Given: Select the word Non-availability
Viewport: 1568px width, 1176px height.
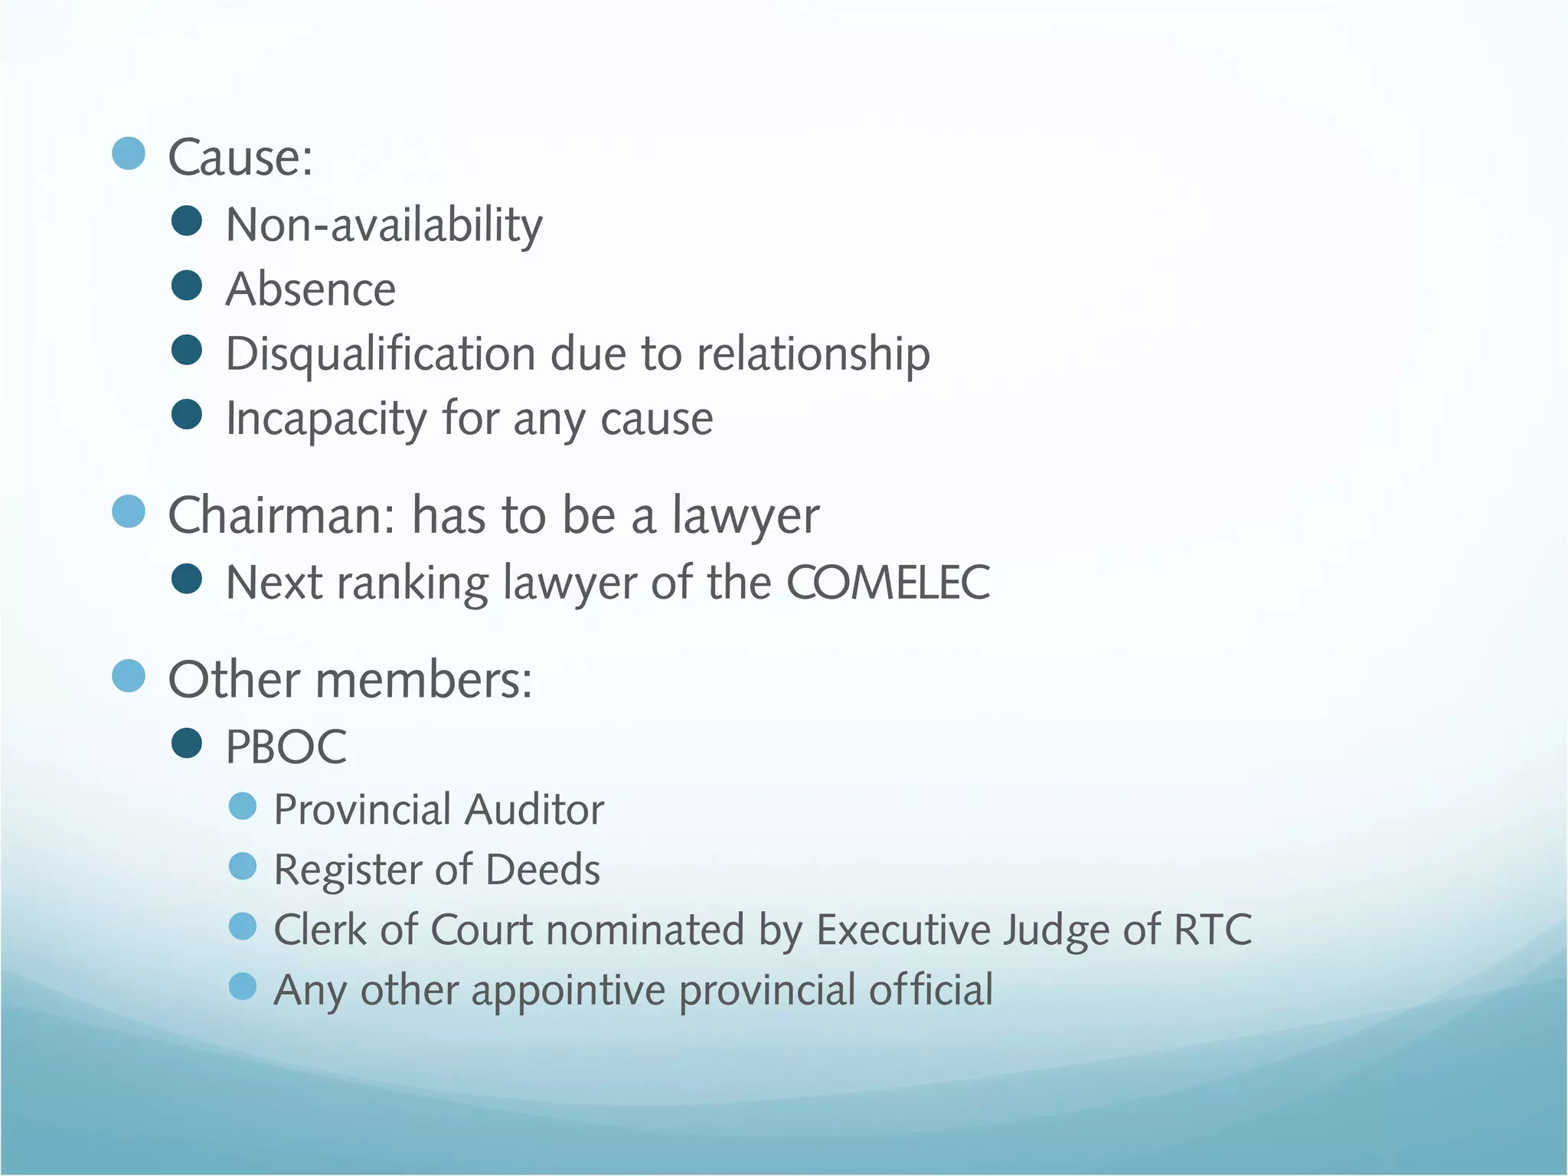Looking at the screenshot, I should pyautogui.click(x=384, y=225).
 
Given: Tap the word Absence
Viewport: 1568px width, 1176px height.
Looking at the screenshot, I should pyautogui.click(x=311, y=289).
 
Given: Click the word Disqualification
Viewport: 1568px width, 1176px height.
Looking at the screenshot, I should pyautogui.click(x=381, y=354).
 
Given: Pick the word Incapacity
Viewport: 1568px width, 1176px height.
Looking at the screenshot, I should pyautogui.click(x=326, y=419).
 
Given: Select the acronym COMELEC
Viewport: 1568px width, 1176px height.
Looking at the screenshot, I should pyautogui.click(x=888, y=583).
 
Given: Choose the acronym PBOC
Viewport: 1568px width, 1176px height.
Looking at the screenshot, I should pyautogui.click(x=286, y=746).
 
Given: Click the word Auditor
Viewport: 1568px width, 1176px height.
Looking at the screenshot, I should pyautogui.click(x=534, y=809).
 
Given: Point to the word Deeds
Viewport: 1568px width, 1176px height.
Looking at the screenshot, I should pyautogui.click(x=543, y=870).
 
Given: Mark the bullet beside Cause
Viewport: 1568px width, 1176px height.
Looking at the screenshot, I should pyautogui.click(x=129, y=153).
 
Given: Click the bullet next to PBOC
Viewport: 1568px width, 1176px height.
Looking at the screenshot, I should pyautogui.click(x=187, y=743).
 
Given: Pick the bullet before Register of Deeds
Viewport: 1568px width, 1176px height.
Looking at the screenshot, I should pyautogui.click(x=243, y=866).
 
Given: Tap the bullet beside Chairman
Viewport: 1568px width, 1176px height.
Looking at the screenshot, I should pyautogui.click(x=129, y=511).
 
